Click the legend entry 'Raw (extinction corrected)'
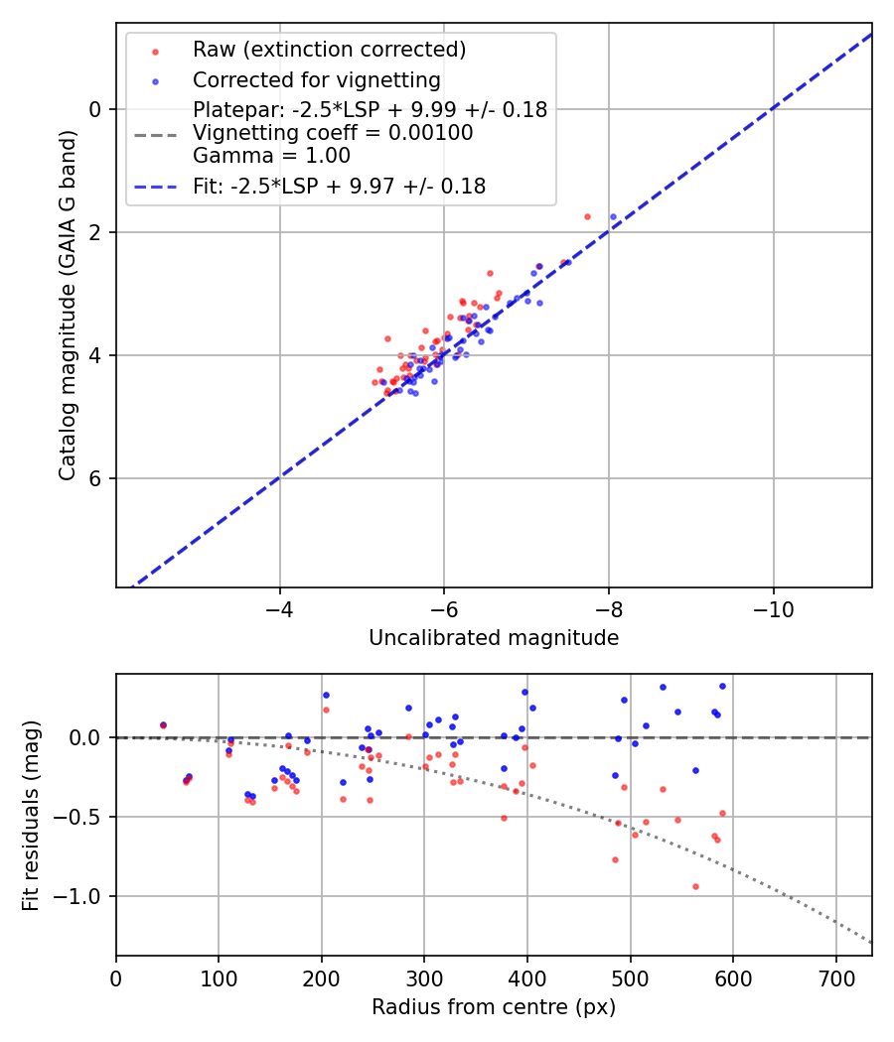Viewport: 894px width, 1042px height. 329,50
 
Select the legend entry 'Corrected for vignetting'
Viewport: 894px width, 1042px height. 316,79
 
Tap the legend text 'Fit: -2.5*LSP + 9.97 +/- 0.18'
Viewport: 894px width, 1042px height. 339,186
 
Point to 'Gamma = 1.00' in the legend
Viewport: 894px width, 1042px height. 271,156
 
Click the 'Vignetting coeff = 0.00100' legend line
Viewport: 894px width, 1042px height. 333,133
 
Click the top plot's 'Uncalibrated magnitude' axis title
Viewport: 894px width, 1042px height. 494,638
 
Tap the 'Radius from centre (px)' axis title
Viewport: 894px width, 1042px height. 494,1007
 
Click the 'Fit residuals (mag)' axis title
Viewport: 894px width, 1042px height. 31,815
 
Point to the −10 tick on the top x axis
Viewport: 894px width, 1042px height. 774,608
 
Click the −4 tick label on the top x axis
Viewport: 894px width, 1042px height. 280,608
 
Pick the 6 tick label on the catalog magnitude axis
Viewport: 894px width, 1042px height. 97,478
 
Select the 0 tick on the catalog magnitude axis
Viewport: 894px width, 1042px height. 97,109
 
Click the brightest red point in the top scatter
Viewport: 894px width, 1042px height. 587,216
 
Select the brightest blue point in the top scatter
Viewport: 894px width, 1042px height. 613,216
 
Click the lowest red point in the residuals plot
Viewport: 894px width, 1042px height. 695,886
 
